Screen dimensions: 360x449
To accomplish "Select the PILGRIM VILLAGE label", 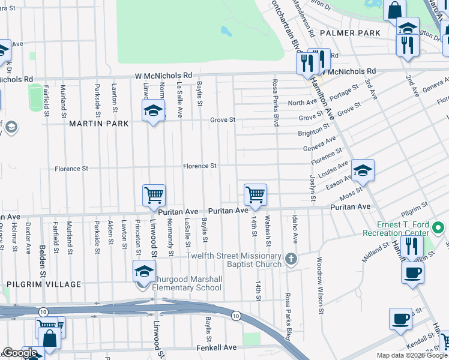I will tap(44, 284).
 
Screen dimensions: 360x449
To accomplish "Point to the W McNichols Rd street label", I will tap(163, 76).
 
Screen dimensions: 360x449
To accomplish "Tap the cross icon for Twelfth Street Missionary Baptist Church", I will tap(291, 259).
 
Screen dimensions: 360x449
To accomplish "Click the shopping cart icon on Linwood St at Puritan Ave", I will tap(154, 195).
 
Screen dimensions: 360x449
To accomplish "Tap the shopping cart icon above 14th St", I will tap(255, 194).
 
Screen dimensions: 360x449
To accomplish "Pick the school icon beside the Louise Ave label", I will tap(363, 170).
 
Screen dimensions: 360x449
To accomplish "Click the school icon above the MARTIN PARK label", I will tap(153, 110).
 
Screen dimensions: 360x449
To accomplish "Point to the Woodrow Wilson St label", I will tap(320, 286).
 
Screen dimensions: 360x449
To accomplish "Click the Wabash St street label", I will tap(268, 231).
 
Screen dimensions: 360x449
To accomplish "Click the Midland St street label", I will tap(376, 253).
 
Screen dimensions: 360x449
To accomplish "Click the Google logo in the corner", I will tap(20, 353).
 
